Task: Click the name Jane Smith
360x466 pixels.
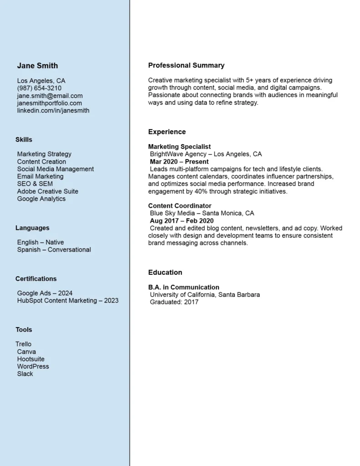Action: [37, 66]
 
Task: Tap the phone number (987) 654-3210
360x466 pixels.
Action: [39, 88]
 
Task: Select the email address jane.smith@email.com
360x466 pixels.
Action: [50, 96]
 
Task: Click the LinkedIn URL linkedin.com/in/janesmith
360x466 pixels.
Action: [53, 110]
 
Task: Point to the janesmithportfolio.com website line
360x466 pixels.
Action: [49, 103]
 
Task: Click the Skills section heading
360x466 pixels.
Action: [24, 140]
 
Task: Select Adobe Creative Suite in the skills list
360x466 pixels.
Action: [47, 191]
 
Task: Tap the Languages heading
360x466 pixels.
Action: [32, 228]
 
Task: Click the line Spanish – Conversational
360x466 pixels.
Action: [54, 249]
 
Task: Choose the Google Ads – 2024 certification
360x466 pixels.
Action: [45, 293]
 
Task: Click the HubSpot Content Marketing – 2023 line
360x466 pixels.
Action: [67, 300]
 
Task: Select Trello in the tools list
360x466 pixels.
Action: [24, 344]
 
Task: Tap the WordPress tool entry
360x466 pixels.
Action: [33, 366]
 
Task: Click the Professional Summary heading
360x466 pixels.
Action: [186, 66]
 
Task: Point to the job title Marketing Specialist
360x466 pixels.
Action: [179, 147]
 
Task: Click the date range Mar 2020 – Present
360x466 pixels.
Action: [179, 162]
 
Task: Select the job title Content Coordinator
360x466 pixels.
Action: [180, 206]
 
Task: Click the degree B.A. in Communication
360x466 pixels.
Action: [183, 287]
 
